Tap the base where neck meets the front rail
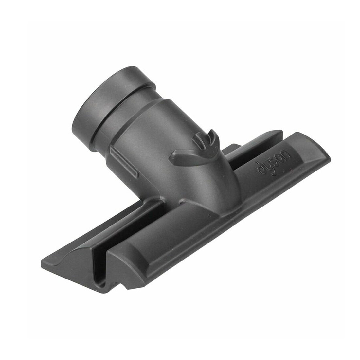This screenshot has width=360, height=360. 196,209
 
